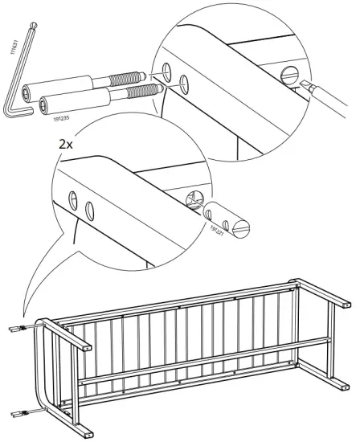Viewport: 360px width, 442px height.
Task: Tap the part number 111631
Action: click(14, 45)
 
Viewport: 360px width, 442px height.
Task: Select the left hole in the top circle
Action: click(167, 71)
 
